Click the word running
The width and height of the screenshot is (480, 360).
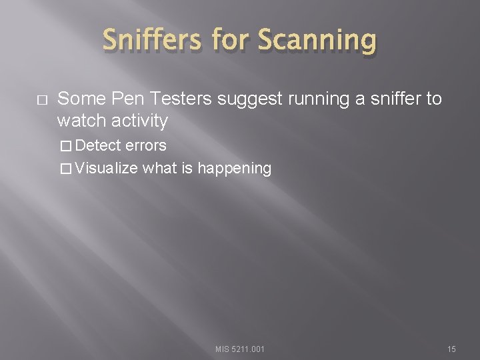[311, 100]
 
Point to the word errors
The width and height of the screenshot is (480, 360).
[147, 145]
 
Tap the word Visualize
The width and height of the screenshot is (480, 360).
[107, 169]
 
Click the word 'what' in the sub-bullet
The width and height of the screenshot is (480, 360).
[160, 169]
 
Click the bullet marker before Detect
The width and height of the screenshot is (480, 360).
[64, 146]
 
